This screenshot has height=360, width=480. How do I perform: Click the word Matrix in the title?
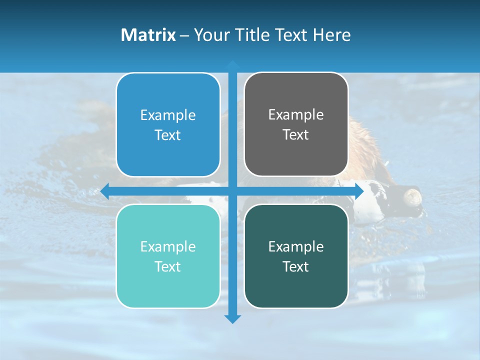click(148, 35)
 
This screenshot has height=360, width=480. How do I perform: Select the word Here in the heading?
click(332, 35)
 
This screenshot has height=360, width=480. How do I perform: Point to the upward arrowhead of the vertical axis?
click(232, 64)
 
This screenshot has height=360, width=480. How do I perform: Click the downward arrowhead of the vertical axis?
click(232, 318)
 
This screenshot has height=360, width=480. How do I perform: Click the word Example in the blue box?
click(168, 115)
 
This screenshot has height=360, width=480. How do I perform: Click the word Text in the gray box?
click(296, 135)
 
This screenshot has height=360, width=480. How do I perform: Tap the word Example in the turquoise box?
click(168, 247)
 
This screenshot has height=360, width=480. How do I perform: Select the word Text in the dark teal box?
click(296, 267)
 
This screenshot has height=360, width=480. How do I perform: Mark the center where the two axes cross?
click(232, 191)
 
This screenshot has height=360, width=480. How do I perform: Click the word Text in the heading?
click(290, 35)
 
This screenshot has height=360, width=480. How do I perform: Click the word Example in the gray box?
click(296, 115)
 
